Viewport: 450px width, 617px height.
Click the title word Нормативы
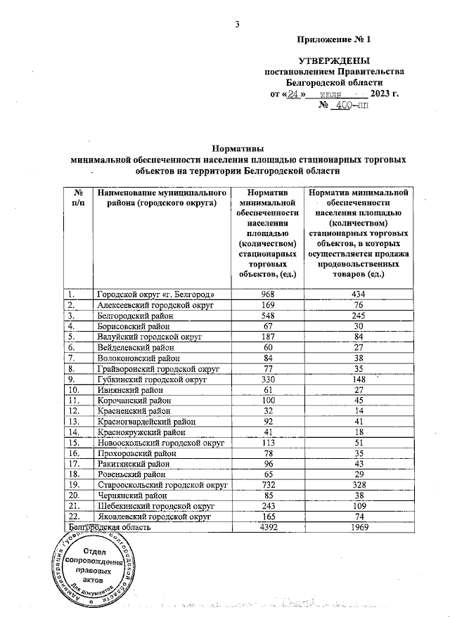point(238,149)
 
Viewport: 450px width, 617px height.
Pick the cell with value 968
point(266,294)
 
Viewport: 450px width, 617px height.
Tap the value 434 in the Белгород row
point(359,294)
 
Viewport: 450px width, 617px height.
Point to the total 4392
point(266,527)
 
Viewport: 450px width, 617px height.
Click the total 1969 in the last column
point(359,527)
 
